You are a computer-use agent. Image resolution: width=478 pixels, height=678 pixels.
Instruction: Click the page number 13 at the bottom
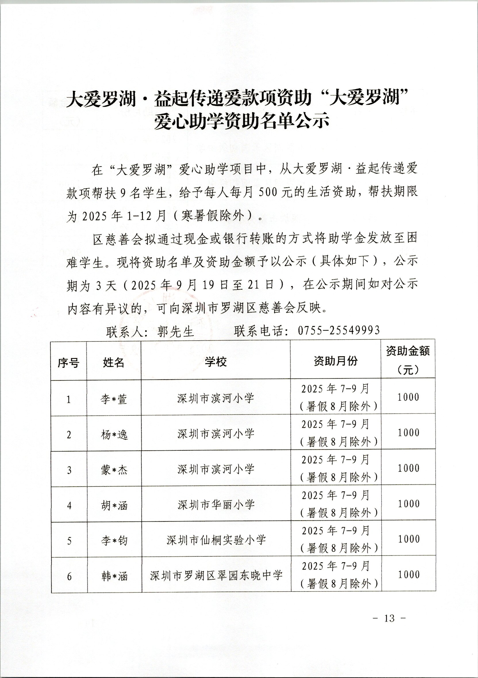pyautogui.click(x=389, y=618)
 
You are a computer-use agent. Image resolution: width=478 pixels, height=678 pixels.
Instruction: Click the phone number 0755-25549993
pyautogui.click(x=339, y=330)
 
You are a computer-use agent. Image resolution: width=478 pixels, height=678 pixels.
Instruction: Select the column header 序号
pyautogui.click(x=68, y=362)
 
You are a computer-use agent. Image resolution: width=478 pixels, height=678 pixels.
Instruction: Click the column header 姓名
pyautogui.click(x=114, y=362)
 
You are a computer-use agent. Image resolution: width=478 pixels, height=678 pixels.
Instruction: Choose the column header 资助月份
pyautogui.click(x=335, y=361)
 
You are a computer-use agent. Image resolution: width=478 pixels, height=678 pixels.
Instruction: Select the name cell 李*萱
pyautogui.click(x=114, y=399)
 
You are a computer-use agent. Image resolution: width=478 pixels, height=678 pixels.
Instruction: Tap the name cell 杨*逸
pyautogui.click(x=114, y=435)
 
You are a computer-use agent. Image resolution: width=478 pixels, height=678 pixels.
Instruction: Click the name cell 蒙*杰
pyautogui.click(x=114, y=470)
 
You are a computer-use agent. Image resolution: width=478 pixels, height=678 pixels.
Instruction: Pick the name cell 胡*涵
pyautogui.click(x=114, y=506)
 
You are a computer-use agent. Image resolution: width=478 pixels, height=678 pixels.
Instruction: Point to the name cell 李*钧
pyautogui.click(x=114, y=541)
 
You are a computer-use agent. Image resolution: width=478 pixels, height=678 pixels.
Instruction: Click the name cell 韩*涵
pyautogui.click(x=114, y=576)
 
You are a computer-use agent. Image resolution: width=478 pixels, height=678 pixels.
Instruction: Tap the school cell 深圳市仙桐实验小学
pyautogui.click(x=216, y=540)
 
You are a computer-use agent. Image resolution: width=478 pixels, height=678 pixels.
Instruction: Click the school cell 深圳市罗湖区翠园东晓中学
pyautogui.click(x=216, y=576)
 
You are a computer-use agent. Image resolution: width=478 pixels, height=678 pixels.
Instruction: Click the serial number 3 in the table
pyautogui.click(x=69, y=470)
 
